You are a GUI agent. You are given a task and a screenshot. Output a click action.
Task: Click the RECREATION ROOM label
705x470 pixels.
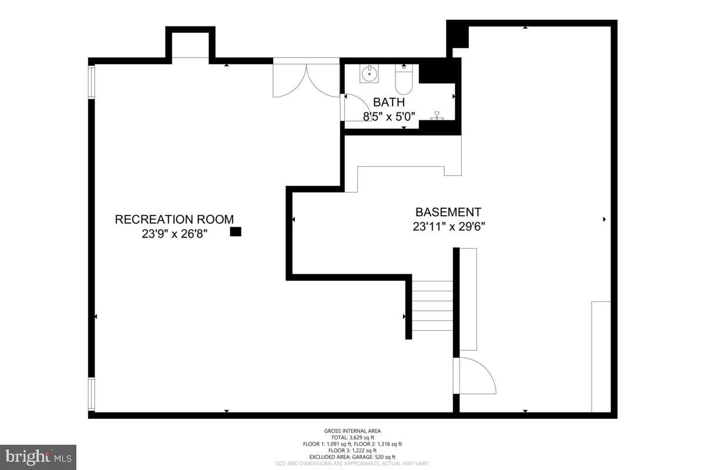(174, 220)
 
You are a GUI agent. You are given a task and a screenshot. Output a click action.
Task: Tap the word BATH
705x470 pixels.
(389, 102)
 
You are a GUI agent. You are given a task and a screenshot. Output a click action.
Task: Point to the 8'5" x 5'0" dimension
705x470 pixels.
(389, 116)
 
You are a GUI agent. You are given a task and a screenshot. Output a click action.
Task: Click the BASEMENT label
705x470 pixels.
(448, 212)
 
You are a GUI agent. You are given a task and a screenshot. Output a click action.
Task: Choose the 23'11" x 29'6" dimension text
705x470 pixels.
(448, 227)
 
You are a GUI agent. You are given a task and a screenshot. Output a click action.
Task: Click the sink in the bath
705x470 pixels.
(370, 73)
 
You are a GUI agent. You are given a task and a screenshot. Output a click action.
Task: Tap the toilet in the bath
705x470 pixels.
(404, 80)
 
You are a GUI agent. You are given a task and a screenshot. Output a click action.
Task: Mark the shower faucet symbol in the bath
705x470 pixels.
(437, 116)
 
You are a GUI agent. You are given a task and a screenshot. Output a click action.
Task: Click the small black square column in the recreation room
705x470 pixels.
(236, 232)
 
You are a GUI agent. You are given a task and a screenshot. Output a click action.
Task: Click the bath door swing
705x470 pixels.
(355, 107)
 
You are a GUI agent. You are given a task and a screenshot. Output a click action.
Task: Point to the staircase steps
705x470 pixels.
(432, 305)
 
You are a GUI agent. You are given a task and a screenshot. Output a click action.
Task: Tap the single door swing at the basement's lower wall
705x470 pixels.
(476, 376)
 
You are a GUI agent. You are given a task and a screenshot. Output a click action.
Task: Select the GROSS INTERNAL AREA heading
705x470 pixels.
(352, 431)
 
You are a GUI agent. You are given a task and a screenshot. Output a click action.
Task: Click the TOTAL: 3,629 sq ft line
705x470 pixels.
(352, 438)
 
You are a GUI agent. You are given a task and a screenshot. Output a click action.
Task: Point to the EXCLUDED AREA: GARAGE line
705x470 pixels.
(352, 457)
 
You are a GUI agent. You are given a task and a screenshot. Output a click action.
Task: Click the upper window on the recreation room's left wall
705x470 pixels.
(91, 81)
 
